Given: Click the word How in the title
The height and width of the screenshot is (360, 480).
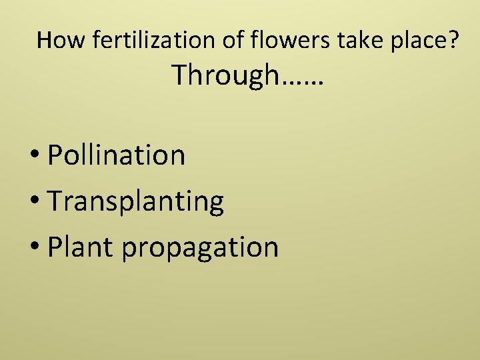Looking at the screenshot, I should coord(62,41).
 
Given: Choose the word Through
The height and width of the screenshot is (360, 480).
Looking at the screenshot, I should coord(225,75).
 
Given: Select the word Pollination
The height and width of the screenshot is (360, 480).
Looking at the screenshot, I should coord(117,155).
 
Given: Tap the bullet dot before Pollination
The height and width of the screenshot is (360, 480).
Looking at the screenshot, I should coord(35,157).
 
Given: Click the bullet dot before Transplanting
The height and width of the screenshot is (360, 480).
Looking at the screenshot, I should coord(35,203).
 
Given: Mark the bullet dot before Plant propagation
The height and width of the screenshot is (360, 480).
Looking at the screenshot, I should coord(35,248).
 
